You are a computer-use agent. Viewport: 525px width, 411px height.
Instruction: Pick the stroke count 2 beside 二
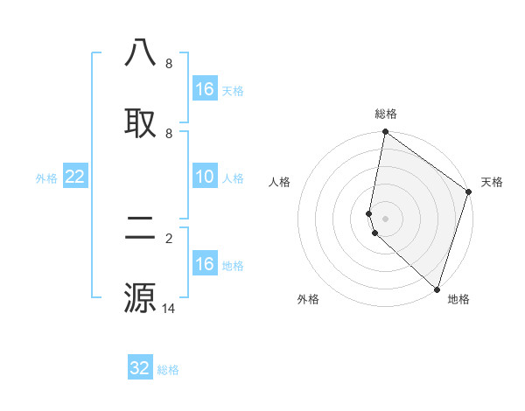(x=169, y=238)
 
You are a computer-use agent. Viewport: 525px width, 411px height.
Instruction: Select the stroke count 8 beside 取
(x=169, y=133)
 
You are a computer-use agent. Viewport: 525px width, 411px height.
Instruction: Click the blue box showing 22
(x=75, y=178)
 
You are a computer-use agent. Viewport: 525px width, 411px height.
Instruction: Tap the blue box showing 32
(x=140, y=368)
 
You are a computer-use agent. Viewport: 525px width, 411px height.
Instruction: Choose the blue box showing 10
(x=205, y=178)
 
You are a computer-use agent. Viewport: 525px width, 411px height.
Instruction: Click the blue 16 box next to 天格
(x=205, y=89)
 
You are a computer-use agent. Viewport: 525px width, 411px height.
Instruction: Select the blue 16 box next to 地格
(x=205, y=264)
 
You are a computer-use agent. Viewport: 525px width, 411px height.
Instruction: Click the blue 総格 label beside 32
(x=168, y=370)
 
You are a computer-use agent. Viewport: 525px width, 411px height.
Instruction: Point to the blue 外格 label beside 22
(x=46, y=178)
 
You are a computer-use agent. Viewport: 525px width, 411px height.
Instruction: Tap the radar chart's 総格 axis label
(x=386, y=114)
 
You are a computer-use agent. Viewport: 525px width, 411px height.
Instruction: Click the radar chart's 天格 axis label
(x=492, y=182)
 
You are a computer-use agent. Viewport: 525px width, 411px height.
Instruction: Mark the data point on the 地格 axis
(x=437, y=289)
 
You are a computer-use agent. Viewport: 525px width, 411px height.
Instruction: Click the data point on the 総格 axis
(x=385, y=133)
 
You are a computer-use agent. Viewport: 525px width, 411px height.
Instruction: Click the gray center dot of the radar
(x=385, y=218)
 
